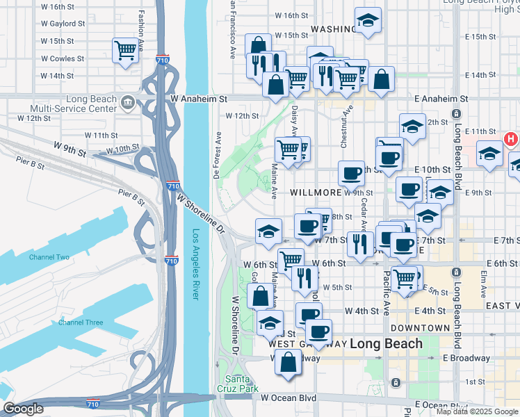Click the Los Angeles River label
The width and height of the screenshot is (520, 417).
(196, 264)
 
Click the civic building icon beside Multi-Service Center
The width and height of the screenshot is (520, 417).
(127, 104)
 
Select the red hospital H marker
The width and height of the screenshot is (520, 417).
(511, 139)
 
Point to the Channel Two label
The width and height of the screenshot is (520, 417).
(49, 257)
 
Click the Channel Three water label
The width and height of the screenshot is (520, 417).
(81, 322)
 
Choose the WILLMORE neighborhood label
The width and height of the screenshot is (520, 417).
(316, 192)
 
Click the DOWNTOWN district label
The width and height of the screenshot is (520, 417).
(420, 327)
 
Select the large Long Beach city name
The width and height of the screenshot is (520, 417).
(386, 343)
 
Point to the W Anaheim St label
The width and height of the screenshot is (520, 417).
(199, 99)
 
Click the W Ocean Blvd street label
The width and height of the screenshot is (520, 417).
(289, 398)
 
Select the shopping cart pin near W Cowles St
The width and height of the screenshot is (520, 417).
(125, 50)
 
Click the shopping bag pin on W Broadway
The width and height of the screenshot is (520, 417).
(288, 362)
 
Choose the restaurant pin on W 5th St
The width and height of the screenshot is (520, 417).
(304, 278)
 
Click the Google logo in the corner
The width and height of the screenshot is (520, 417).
(22, 409)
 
